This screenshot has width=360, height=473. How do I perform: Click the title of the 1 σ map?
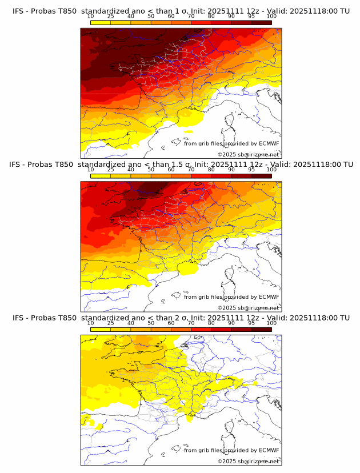[x=180, y=11]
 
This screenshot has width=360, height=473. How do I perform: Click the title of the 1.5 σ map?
[x=180, y=164]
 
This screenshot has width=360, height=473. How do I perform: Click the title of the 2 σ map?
[x=180, y=318]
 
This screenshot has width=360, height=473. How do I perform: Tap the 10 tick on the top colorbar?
[x=91, y=17]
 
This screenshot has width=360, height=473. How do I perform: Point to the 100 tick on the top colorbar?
[x=271, y=17]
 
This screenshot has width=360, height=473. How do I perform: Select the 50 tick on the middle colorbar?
[x=151, y=170]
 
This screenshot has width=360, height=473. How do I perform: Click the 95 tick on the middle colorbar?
[x=251, y=170]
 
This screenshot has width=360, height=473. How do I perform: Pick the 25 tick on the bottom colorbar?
[x=111, y=323]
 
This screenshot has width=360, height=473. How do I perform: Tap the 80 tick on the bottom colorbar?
[x=211, y=323]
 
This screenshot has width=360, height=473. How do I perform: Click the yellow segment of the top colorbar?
[x=101, y=22]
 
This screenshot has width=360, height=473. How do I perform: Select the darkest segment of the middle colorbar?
[x=261, y=176]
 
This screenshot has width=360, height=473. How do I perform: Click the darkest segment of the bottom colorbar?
[x=261, y=330]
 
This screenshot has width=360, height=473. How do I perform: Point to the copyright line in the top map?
[x=248, y=155]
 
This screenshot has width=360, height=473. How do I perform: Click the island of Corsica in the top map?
[x=231, y=121]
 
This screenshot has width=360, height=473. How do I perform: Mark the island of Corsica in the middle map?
[x=231, y=274]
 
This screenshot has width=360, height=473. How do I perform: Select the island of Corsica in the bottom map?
[x=231, y=428]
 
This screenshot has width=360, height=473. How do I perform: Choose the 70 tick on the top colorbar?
[x=191, y=17]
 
